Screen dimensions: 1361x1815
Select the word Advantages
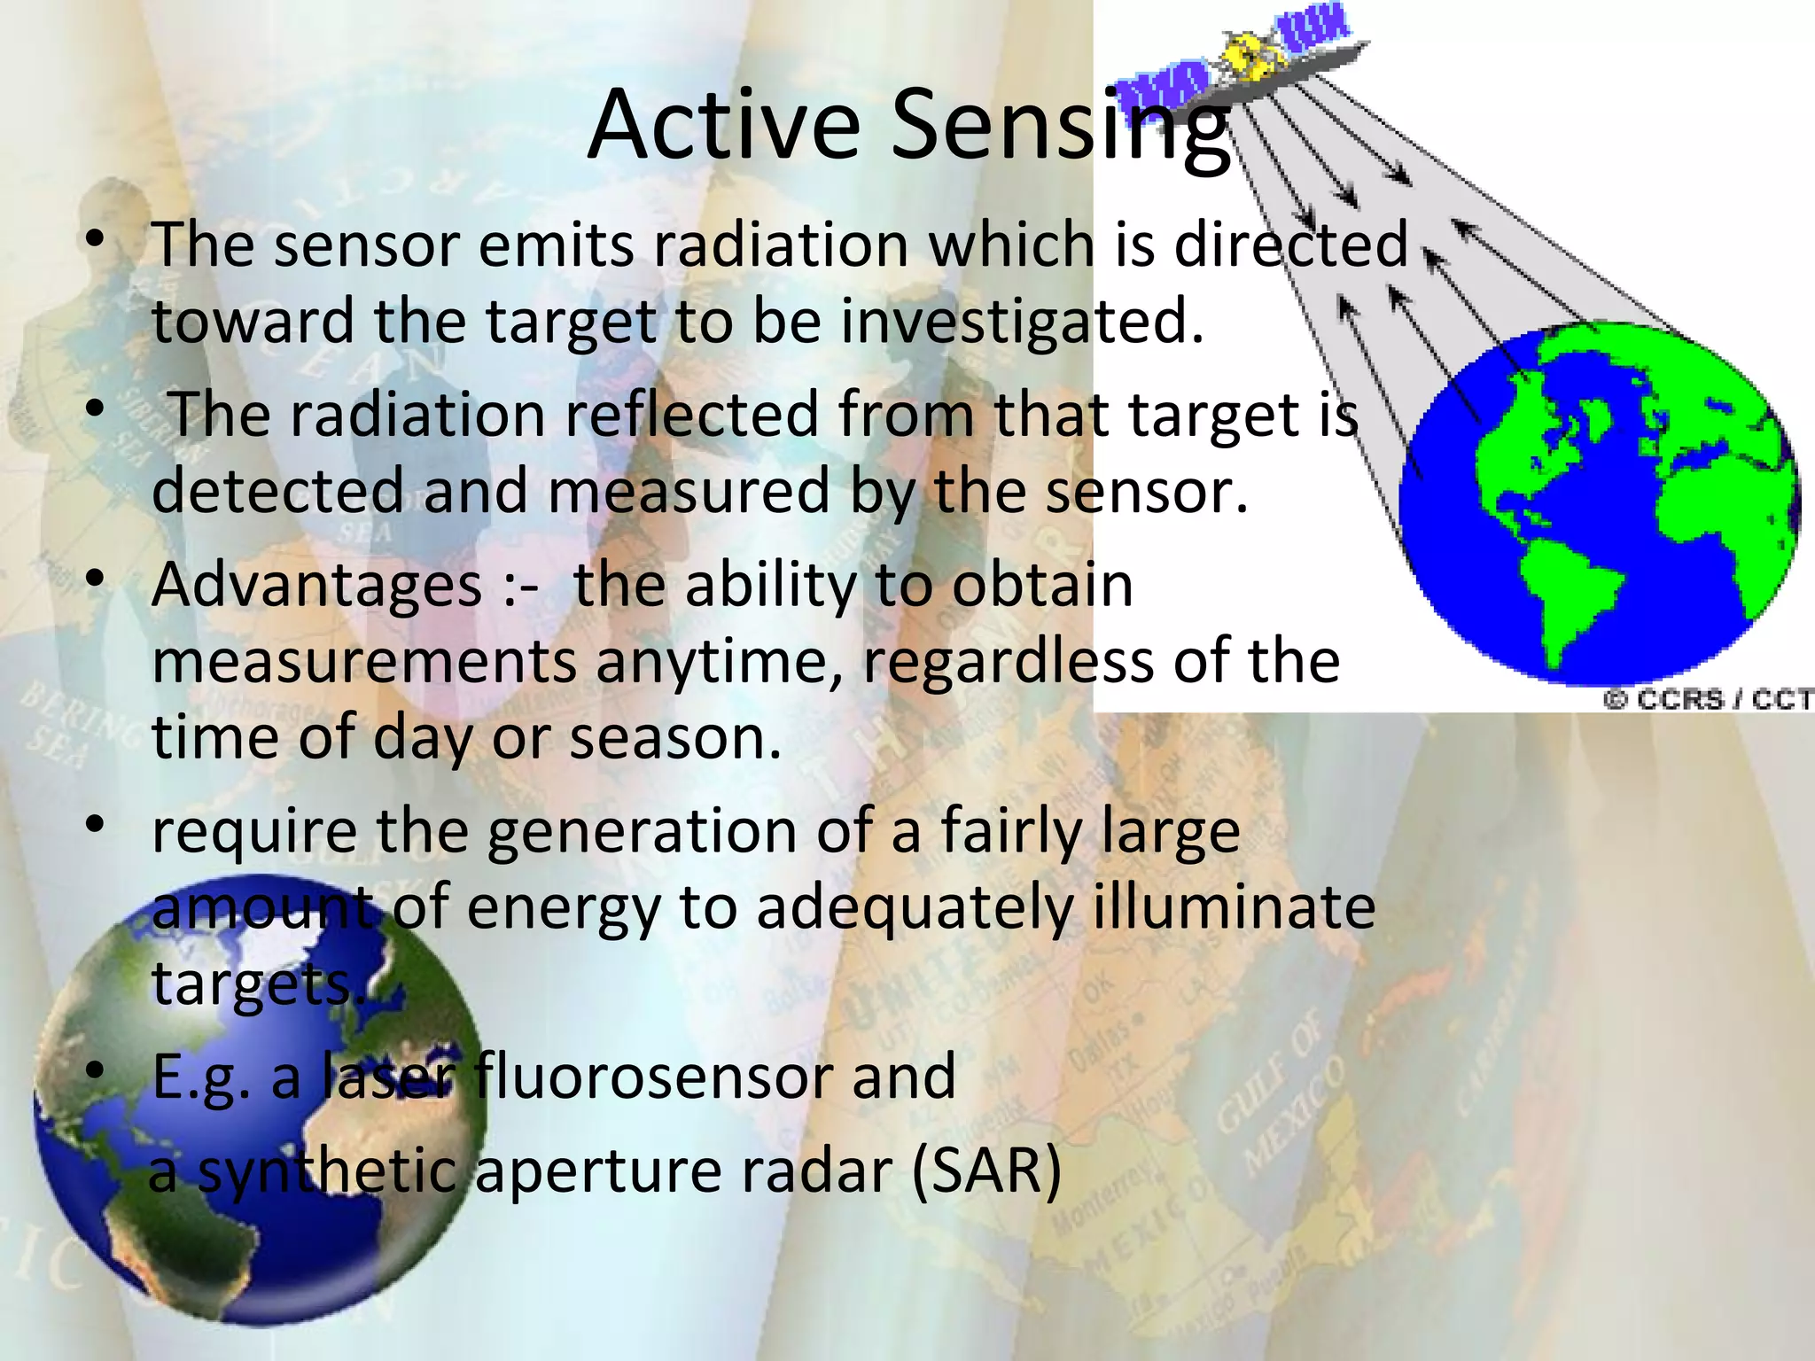click(317, 586)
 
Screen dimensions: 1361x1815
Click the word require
click(253, 833)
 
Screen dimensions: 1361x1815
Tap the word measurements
click(364, 663)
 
